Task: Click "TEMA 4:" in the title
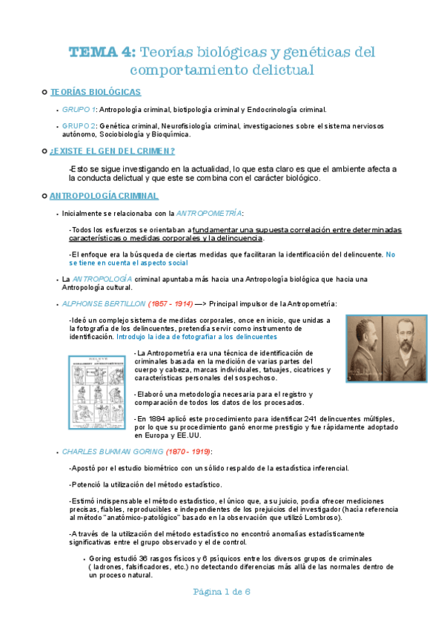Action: [x=101, y=52]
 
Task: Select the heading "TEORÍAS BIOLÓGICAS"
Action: [x=95, y=92]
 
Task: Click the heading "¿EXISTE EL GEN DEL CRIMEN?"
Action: [x=112, y=151]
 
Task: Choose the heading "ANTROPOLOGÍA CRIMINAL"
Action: [x=103, y=196]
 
